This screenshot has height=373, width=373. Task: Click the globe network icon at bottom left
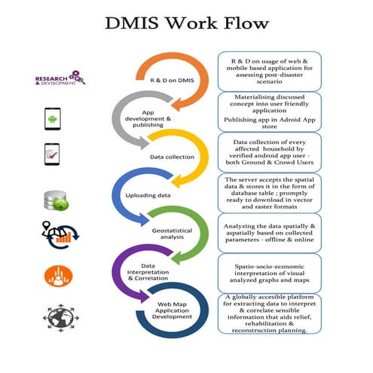point(57,316)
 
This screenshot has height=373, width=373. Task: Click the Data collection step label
point(173,157)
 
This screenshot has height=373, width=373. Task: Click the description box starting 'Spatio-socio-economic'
point(269,268)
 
